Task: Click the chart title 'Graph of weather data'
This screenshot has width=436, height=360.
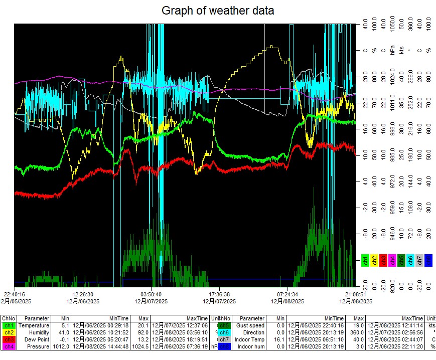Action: [218, 10]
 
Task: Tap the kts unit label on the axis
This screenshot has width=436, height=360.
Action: [401, 51]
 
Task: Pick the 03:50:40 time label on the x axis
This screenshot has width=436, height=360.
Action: [151, 294]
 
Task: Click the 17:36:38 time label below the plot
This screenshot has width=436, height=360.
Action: [219, 294]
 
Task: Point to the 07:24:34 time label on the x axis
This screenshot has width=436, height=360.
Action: [287, 294]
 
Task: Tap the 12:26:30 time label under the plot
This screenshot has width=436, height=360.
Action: [82, 294]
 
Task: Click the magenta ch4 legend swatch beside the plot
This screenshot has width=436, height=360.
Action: [392, 260]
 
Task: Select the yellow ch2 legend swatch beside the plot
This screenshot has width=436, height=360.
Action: [374, 260]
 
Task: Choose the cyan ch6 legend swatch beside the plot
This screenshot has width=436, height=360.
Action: [410, 260]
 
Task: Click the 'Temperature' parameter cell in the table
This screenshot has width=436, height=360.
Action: [34, 325]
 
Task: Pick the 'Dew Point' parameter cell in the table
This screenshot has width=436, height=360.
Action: [36, 339]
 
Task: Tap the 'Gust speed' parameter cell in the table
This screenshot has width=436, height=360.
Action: [250, 325]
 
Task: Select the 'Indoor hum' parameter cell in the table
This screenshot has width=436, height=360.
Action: [250, 346]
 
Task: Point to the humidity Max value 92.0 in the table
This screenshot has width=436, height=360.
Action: [143, 332]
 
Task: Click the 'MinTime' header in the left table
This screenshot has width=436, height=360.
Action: [119, 318]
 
